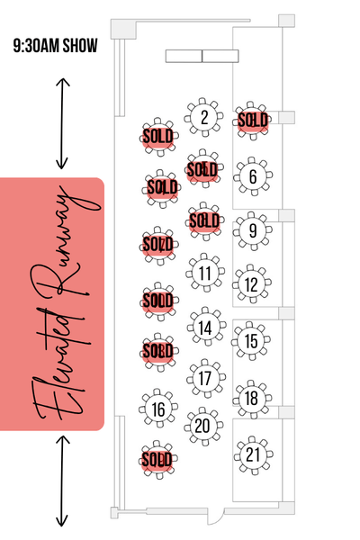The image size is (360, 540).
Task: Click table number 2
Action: click(204, 117)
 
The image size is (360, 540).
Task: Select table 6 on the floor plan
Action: click(253, 176)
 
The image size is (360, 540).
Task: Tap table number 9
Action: click(253, 230)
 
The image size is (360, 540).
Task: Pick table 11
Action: click(205, 273)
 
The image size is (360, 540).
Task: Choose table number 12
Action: click(252, 284)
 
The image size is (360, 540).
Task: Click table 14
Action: click(207, 327)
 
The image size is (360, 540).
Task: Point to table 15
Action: click(251, 341)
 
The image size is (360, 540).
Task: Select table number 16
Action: click(158, 409)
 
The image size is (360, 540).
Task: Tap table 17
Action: click(206, 378)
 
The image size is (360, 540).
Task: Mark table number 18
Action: click(252, 399)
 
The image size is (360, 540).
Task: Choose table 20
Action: click(203, 427)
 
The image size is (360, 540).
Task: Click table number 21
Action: click(254, 455)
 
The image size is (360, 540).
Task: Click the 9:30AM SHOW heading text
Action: click(56, 46)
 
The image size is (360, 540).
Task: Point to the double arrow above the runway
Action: click(62, 123)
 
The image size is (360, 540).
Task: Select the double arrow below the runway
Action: click(62, 481)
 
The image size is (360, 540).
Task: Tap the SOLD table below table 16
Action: click(158, 460)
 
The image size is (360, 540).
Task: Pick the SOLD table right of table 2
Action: click(253, 121)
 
